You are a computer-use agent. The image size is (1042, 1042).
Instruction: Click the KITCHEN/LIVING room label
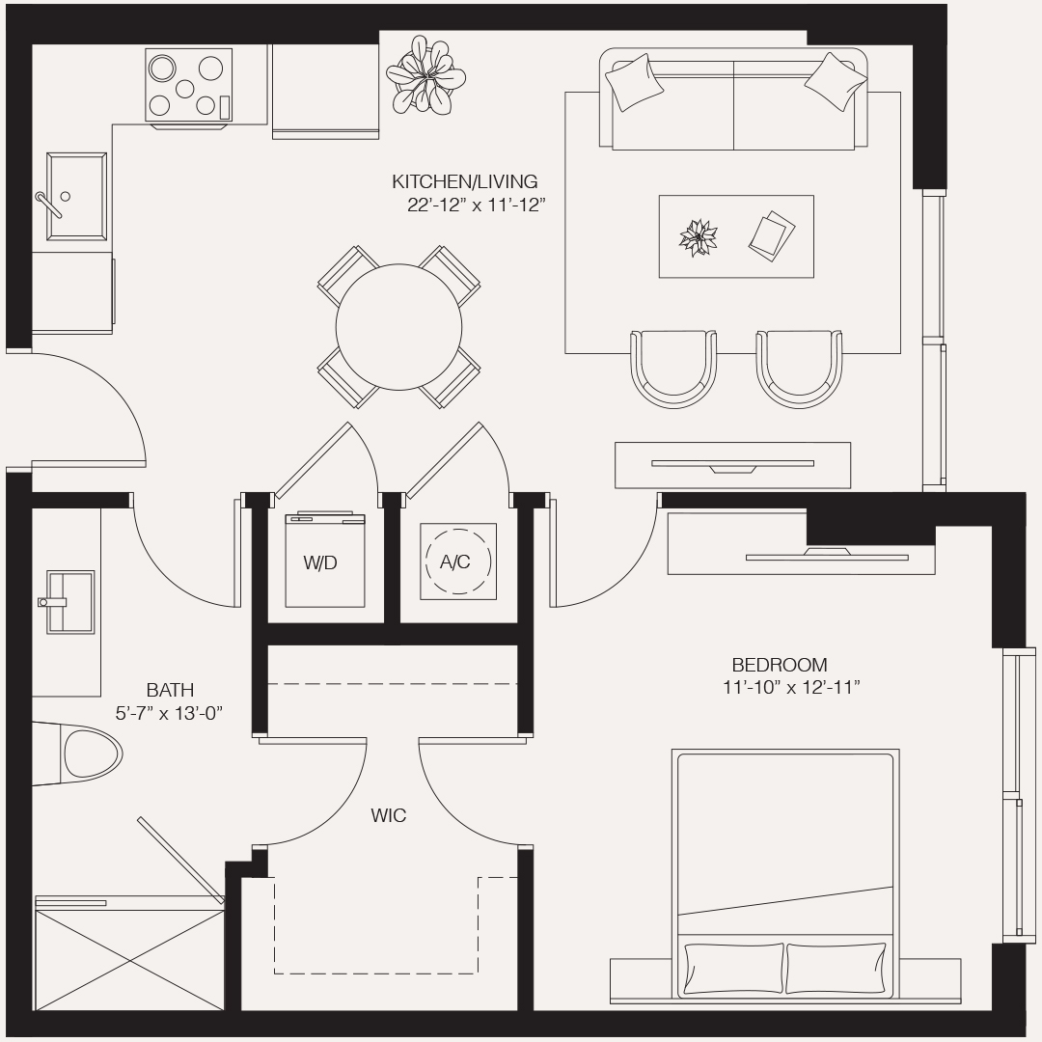(464, 181)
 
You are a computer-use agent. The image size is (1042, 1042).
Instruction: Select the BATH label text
(170, 690)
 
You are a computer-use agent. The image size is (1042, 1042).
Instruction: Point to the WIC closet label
(389, 816)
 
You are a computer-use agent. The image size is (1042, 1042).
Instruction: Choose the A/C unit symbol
(457, 562)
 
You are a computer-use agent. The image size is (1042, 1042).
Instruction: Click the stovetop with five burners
(189, 85)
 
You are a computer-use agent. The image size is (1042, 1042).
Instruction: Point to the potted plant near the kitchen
(425, 73)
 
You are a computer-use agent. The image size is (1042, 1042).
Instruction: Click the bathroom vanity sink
(69, 602)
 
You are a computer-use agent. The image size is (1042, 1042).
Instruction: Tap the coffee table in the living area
(735, 236)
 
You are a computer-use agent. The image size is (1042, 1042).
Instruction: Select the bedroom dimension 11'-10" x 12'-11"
(791, 688)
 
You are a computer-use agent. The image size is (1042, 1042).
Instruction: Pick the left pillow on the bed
(730, 968)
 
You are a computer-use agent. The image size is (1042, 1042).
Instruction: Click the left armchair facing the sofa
(672, 367)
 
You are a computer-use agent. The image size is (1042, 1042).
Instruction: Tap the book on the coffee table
(772, 234)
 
